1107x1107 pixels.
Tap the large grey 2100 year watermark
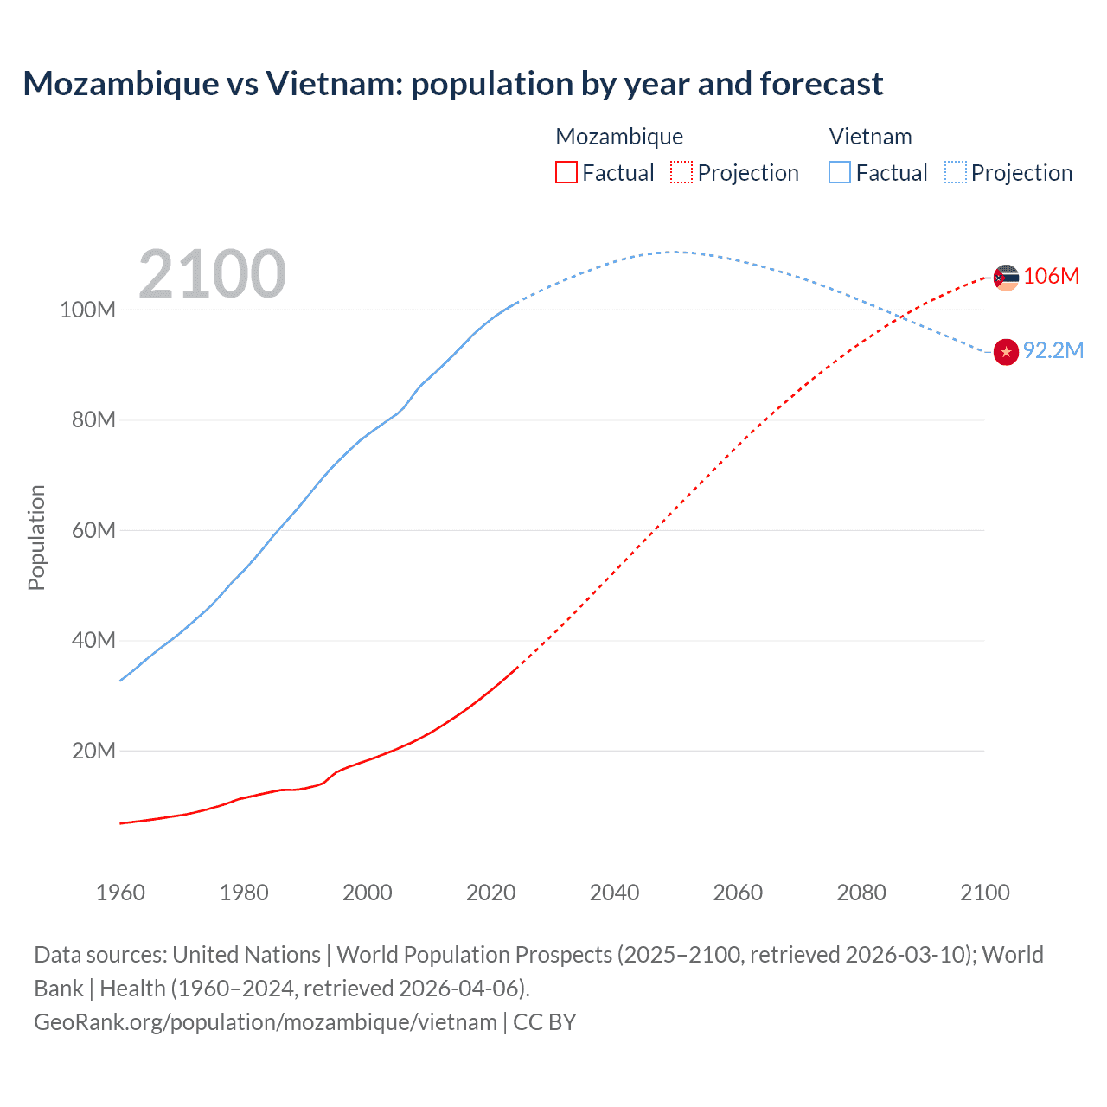[x=212, y=274]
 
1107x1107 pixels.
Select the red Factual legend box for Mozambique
[x=566, y=173]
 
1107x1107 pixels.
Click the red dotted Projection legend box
[x=681, y=173]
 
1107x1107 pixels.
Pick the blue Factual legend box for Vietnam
[x=839, y=173]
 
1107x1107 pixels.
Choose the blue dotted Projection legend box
[x=955, y=173]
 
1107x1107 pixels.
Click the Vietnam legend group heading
[x=870, y=137]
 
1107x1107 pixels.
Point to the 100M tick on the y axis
[x=87, y=310]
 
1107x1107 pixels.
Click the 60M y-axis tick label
[x=93, y=530]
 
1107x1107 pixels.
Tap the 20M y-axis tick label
[x=93, y=751]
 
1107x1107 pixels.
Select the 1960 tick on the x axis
[x=120, y=893]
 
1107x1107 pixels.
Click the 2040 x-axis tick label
[x=614, y=893]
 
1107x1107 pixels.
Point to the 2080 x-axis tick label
[x=861, y=893]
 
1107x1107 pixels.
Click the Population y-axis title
[x=36, y=537]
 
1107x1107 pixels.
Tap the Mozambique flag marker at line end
[x=1006, y=278]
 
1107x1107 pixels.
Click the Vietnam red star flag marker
[x=1006, y=352]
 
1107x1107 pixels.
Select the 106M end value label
[x=1051, y=276]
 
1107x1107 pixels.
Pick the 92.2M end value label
[x=1053, y=350]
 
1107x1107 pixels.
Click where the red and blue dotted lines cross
[x=901, y=317]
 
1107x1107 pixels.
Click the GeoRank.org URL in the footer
[x=266, y=1022]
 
